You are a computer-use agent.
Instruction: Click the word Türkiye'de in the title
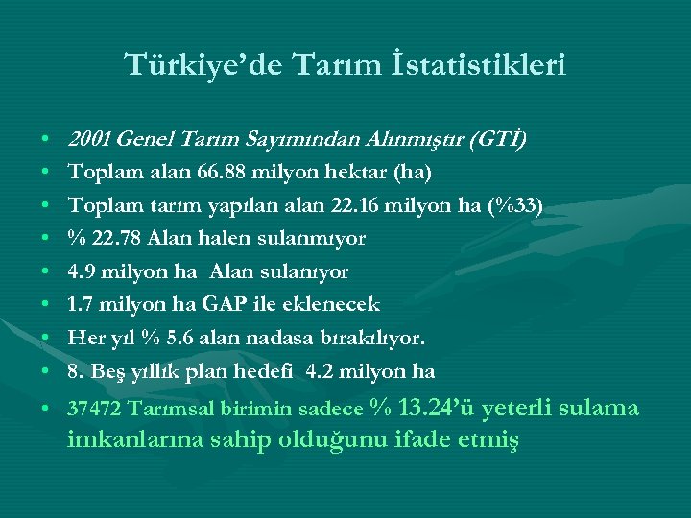pos(185,65)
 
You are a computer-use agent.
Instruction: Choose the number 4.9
pos(81,271)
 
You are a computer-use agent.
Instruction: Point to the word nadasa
pos(294,338)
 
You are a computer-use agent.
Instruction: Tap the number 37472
pos(91,411)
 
